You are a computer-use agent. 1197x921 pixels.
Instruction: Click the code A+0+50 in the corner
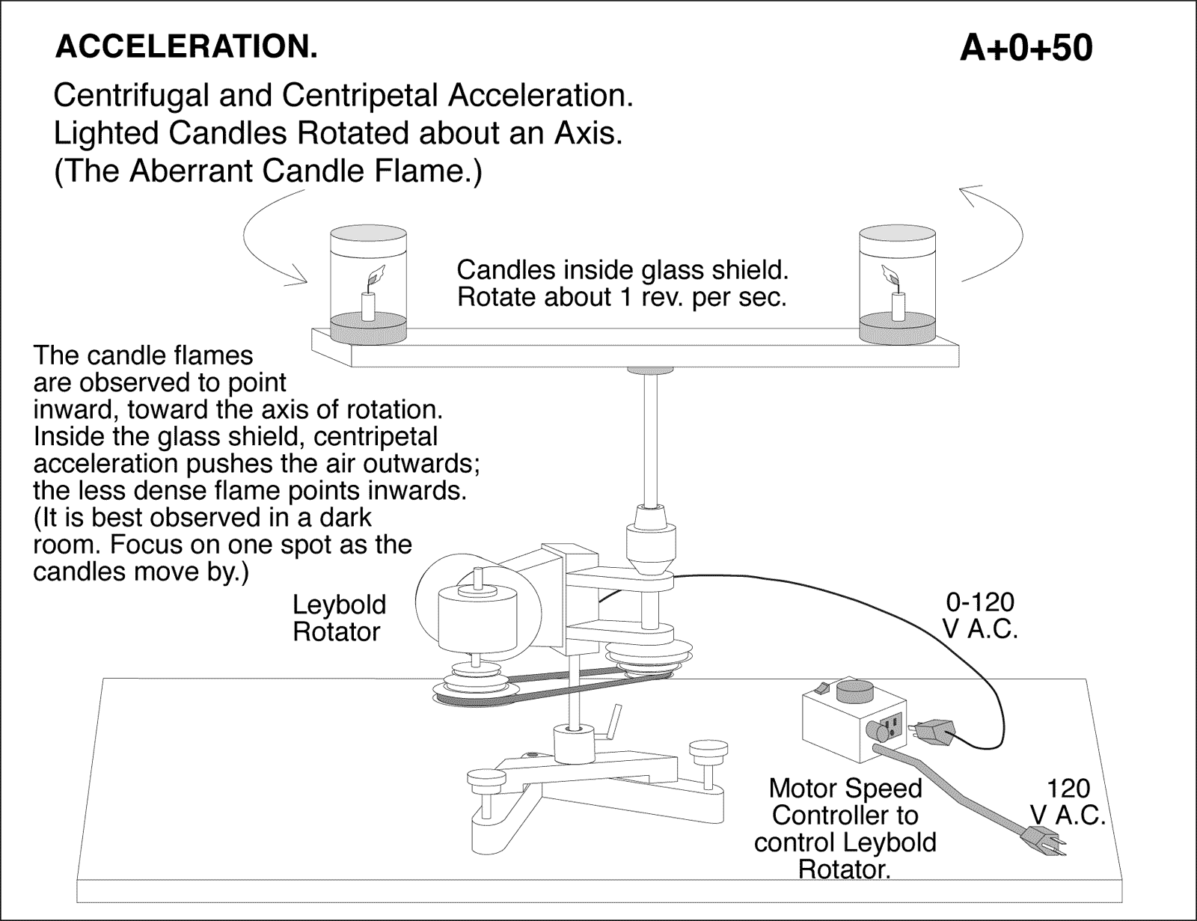tap(1026, 49)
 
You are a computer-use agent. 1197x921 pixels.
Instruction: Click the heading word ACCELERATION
tap(186, 47)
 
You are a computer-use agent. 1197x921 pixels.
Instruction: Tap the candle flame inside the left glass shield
tap(376, 275)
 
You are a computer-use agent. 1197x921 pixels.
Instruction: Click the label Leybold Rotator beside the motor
tap(339, 618)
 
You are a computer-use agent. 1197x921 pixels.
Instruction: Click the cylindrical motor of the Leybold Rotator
tap(477, 618)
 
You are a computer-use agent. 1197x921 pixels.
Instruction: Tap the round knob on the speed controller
tap(854, 688)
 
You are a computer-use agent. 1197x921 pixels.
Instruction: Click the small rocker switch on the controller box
tap(824, 685)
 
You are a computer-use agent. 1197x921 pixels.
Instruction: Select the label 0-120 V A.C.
tap(979, 615)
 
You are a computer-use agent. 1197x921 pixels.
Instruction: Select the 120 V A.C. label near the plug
tap(1068, 801)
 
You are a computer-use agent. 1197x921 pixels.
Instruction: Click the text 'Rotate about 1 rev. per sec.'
tap(622, 298)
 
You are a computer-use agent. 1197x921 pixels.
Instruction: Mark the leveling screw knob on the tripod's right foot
tap(708, 748)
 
